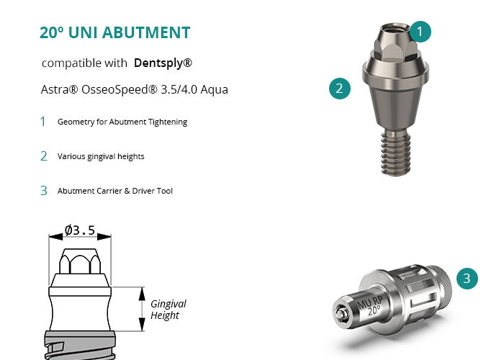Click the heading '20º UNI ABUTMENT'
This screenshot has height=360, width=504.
(x=114, y=32)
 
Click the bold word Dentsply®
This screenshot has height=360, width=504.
(x=163, y=63)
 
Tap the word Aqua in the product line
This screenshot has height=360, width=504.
(x=214, y=89)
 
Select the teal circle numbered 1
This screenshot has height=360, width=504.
(x=420, y=32)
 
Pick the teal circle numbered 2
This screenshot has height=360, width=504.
(x=340, y=89)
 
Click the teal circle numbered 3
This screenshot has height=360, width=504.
(x=467, y=279)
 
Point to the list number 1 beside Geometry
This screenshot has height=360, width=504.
(x=42, y=122)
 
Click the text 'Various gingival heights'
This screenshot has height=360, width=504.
(x=101, y=156)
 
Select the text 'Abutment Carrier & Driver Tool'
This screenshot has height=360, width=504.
(x=115, y=191)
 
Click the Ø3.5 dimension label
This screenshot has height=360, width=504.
(x=80, y=230)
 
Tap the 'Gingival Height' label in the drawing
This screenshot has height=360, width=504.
(x=168, y=309)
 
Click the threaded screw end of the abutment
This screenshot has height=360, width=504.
(x=395, y=153)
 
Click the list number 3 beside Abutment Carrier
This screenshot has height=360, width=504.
(x=44, y=191)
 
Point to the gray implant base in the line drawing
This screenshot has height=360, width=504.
(x=80, y=346)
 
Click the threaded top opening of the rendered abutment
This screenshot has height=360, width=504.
(x=395, y=27)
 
